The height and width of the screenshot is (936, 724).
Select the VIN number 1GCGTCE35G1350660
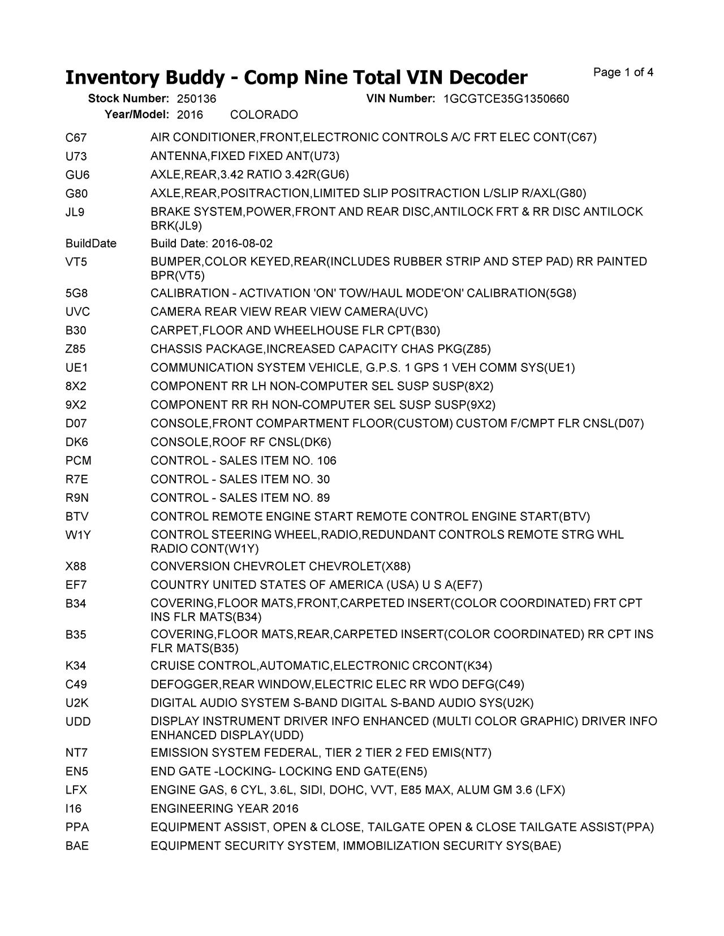pyautogui.click(x=506, y=99)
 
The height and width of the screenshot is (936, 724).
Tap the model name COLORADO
pyautogui.click(x=264, y=115)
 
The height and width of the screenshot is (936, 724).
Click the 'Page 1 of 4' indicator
pyautogui.click(x=624, y=72)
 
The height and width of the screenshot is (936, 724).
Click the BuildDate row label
pyautogui.click(x=91, y=244)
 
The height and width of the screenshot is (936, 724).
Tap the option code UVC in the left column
pyautogui.click(x=78, y=312)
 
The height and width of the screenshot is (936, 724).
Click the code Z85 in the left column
pyautogui.click(x=76, y=349)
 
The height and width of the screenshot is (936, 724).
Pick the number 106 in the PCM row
pyautogui.click(x=327, y=461)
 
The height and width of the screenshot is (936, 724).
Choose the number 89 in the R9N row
pyautogui.click(x=324, y=499)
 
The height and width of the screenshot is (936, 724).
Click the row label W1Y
pyautogui.click(x=78, y=535)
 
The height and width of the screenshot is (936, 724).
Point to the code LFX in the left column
pyautogui.click(x=76, y=790)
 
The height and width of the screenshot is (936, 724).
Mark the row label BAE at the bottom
pyautogui.click(x=77, y=846)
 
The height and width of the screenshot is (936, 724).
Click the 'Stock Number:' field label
pyautogui.click(x=128, y=99)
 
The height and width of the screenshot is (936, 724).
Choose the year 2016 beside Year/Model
pyautogui.click(x=189, y=115)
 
